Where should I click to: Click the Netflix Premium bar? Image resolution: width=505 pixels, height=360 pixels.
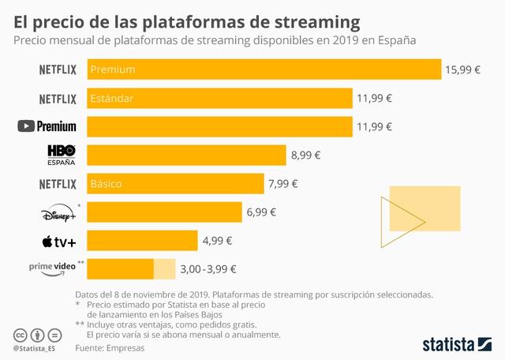pyautogui.click(x=264, y=69)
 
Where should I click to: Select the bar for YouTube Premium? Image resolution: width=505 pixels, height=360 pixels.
pyautogui.click(x=219, y=126)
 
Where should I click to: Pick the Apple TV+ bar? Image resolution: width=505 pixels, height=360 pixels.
pyautogui.click(x=142, y=240)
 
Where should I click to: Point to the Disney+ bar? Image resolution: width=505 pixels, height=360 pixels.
pyautogui.click(x=164, y=212)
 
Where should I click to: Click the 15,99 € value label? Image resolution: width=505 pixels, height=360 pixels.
pyautogui.click(x=462, y=69)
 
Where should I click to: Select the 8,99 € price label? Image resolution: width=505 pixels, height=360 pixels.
pyautogui.click(x=305, y=156)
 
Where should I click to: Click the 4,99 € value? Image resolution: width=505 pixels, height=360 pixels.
pyautogui.click(x=217, y=241)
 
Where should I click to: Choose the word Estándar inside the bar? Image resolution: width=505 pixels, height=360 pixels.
pyautogui.click(x=112, y=99)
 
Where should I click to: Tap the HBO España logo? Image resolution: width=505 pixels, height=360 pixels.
pyautogui.click(x=61, y=154)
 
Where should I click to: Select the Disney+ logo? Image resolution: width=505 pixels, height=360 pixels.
pyautogui.click(x=59, y=212)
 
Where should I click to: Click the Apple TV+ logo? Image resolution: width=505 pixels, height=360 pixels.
pyautogui.click(x=60, y=241)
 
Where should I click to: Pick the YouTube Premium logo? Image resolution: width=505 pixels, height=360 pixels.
pyautogui.click(x=47, y=126)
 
